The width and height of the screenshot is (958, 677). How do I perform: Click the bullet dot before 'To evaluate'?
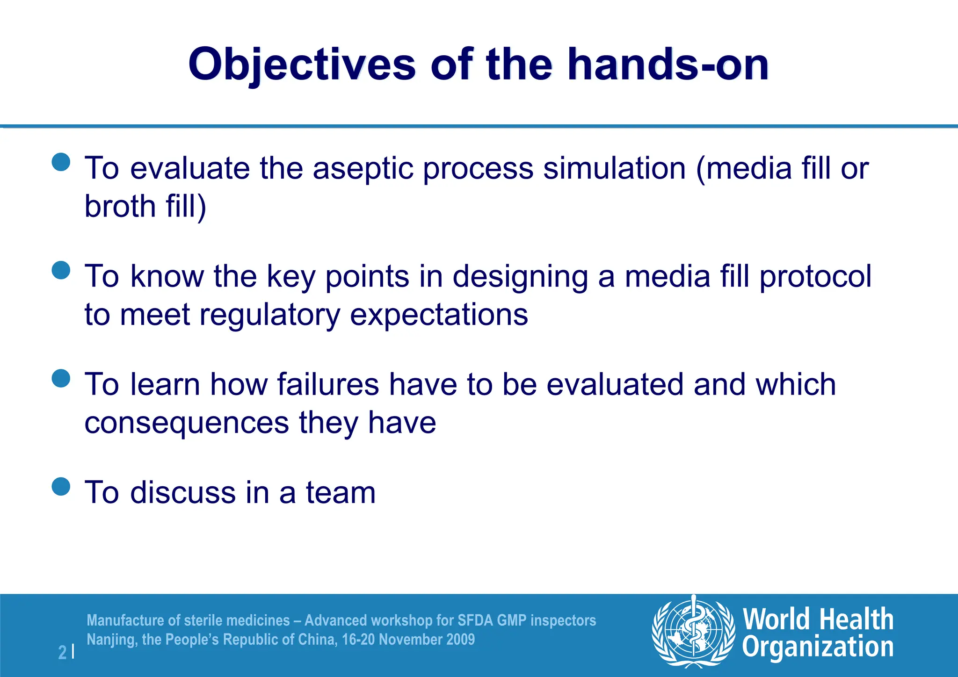(x=61, y=162)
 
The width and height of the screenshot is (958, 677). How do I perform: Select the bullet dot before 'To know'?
(x=61, y=270)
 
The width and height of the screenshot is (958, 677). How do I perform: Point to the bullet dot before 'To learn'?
(x=61, y=378)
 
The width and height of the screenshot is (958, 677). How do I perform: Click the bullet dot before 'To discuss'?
(x=61, y=486)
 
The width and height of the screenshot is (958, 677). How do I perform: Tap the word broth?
(x=120, y=206)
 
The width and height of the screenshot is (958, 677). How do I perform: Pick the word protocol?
(x=815, y=276)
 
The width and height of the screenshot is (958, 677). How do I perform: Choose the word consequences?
(x=187, y=423)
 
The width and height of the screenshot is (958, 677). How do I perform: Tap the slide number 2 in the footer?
(x=62, y=652)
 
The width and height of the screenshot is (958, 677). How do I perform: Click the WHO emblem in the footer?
(x=693, y=631)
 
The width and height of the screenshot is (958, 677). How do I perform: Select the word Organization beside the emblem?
(x=818, y=647)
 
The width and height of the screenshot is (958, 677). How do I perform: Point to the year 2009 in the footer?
(x=460, y=639)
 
